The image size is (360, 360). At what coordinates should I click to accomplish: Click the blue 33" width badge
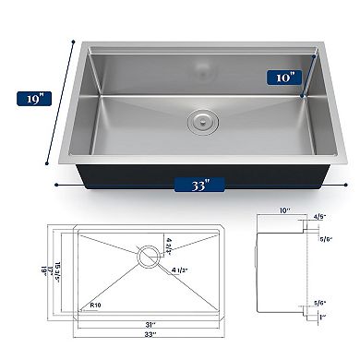pyautogui.click(x=199, y=183)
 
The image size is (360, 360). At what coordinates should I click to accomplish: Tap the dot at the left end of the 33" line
pyautogui.click(x=57, y=183)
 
